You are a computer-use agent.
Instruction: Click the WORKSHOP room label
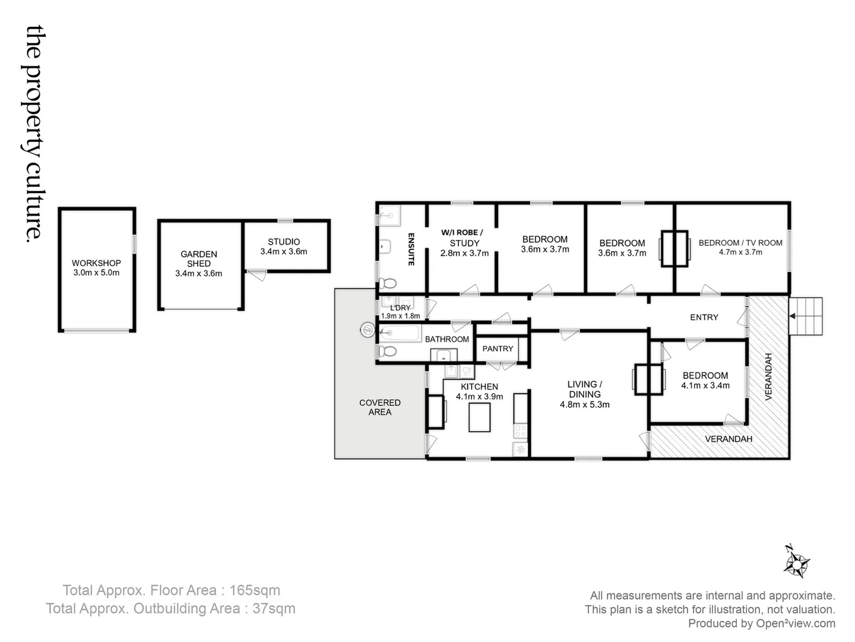(96, 263)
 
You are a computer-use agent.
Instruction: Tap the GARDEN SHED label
(198, 259)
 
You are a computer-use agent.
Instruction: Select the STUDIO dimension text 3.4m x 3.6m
(284, 251)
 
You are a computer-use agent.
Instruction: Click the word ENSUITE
(410, 249)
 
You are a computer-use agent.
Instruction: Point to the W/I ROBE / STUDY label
(464, 238)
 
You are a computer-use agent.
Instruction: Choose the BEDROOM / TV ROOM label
(740, 243)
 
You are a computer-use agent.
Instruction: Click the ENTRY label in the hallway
(704, 317)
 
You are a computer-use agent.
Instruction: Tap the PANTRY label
(497, 349)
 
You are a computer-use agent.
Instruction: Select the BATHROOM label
(446, 339)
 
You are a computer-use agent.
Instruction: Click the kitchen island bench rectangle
(480, 417)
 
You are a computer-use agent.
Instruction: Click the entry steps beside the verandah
(806, 316)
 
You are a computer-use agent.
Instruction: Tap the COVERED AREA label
(379, 407)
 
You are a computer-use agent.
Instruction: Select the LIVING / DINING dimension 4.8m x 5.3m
(584, 405)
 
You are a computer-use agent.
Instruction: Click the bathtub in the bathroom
(400, 332)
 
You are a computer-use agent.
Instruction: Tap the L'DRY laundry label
(400, 308)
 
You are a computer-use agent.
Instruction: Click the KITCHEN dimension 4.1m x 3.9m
(479, 396)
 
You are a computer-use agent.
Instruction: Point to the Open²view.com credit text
(795, 624)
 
